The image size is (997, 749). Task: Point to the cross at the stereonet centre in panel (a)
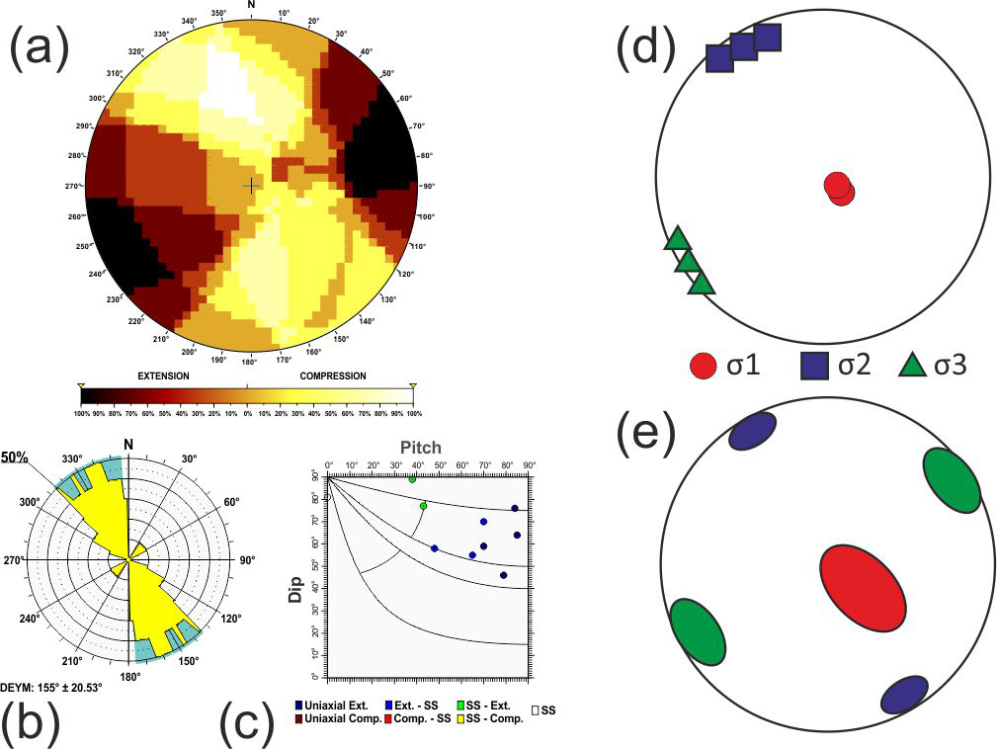[x=252, y=185]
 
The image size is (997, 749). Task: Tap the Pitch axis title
[x=426, y=448]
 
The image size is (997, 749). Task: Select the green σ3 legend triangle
[x=915, y=368]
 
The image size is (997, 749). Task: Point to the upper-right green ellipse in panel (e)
[x=952, y=480]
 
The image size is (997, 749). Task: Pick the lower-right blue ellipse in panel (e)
[x=903, y=695]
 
